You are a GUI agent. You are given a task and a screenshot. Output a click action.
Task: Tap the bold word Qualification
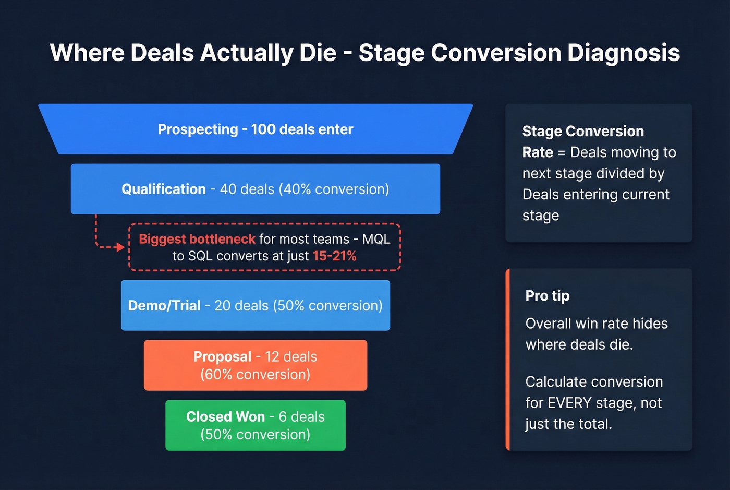point(164,189)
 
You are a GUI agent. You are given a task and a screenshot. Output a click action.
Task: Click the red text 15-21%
point(335,256)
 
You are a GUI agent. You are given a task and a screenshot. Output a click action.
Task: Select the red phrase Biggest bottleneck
point(197,239)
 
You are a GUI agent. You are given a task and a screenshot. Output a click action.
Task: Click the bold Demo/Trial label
point(164,306)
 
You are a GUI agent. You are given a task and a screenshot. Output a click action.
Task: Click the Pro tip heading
point(547,296)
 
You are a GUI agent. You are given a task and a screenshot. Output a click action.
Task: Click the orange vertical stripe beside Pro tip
point(507,360)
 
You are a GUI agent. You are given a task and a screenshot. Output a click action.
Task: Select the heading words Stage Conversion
point(583,132)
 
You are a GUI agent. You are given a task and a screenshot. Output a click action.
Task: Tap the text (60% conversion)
point(256,375)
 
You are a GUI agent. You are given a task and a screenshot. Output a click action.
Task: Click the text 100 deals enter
point(302,129)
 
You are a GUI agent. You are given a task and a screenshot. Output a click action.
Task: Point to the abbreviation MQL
point(376,239)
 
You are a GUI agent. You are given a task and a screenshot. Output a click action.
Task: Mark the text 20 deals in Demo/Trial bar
point(241,306)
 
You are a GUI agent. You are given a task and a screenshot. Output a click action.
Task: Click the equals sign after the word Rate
point(562,152)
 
